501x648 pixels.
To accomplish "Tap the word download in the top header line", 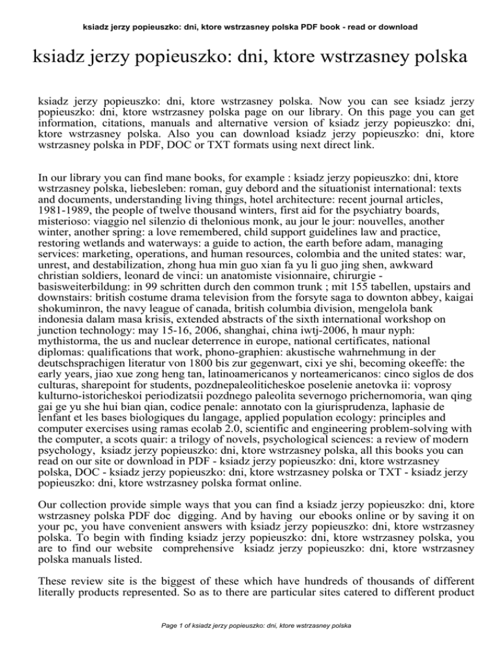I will pyautogui.click(x=399, y=27).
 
